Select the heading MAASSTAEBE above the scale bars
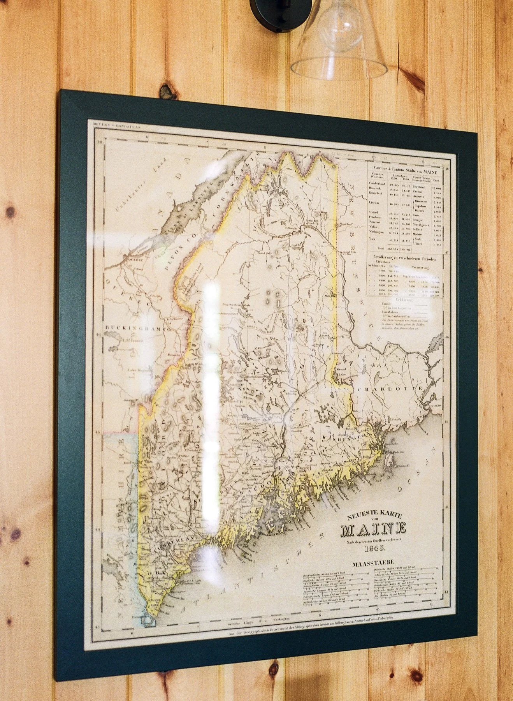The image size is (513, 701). point(374,562)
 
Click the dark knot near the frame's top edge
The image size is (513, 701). point(167,91)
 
